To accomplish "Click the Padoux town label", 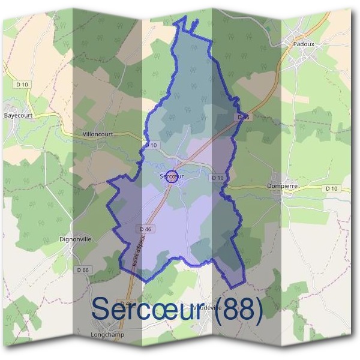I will click(x=304, y=44).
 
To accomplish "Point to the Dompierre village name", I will click(x=281, y=186).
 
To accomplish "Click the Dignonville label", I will click(x=76, y=239).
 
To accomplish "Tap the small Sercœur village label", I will click(x=171, y=177).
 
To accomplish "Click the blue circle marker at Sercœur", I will click(x=172, y=176).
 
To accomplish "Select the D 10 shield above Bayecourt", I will click(x=22, y=85).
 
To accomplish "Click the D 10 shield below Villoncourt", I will click(x=151, y=145).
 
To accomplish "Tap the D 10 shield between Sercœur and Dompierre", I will click(x=217, y=178).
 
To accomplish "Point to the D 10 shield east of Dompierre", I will click(x=331, y=188).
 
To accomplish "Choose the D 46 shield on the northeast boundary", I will click(x=243, y=118).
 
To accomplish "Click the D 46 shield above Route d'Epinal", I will click(x=145, y=229).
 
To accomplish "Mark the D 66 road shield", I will click(x=83, y=271).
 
